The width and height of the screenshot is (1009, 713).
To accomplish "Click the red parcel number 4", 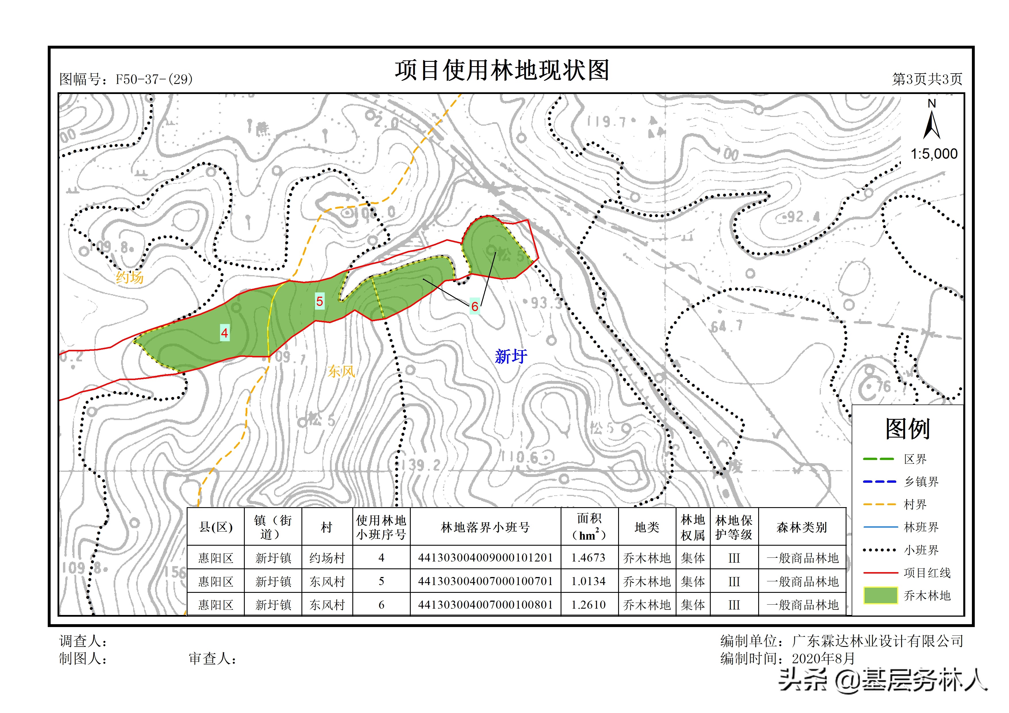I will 225,333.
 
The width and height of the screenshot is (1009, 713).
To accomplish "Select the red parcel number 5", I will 320,301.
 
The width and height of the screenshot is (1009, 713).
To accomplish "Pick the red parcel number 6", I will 475,306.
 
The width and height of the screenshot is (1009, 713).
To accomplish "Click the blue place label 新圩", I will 511,356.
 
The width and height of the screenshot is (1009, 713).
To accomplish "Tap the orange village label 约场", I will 130,278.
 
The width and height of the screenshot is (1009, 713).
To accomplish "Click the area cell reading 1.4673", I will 588,558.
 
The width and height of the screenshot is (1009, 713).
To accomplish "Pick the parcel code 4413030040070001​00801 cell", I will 485,605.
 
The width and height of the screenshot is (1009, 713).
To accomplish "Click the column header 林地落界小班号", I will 485,527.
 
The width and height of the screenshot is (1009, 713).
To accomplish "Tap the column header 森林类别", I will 802,527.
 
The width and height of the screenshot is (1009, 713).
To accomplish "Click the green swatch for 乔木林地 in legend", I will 880,596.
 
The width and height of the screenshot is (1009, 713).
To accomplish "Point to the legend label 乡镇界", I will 921,482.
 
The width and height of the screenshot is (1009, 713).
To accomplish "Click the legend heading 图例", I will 907,429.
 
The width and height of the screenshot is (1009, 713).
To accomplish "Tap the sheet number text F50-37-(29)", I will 154,80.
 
